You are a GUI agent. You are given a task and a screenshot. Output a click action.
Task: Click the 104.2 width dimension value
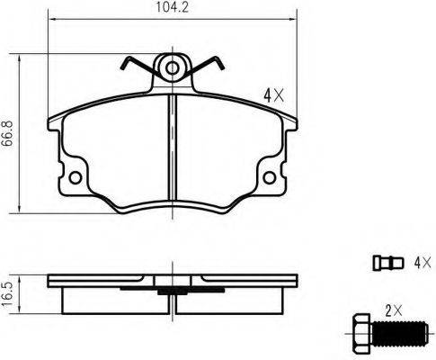click(x=173, y=12)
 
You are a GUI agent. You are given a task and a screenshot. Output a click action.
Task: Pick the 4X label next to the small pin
click(x=420, y=263)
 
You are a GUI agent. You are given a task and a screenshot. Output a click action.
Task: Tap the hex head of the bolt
click(x=358, y=334)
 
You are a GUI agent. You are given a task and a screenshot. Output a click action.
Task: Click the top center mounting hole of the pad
click(x=173, y=66)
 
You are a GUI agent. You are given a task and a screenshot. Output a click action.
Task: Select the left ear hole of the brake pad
click(x=75, y=176)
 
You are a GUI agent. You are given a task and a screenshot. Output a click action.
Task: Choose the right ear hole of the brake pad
click(x=270, y=176)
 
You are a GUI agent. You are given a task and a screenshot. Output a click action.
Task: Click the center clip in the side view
click(x=172, y=290)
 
